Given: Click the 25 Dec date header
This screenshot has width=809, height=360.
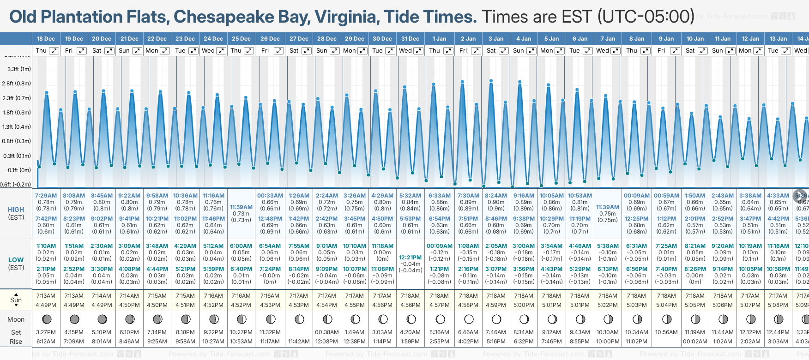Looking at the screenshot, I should tap(241, 39).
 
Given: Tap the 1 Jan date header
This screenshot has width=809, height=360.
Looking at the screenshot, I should tap(439, 39).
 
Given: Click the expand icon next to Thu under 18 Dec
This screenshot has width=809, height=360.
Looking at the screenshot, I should tap(54, 51).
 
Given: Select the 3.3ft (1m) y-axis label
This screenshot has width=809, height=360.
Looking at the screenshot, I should tap(19, 69).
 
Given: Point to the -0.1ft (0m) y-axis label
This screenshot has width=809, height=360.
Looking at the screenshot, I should tap(18, 170).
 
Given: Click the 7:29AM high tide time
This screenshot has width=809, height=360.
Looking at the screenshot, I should tap(46, 196).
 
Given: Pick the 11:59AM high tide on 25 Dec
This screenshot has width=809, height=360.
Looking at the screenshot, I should tap(241, 207).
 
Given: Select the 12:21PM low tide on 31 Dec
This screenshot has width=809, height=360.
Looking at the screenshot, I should tap(410, 258).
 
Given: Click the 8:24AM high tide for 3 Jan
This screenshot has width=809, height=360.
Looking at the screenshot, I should tap(496, 196).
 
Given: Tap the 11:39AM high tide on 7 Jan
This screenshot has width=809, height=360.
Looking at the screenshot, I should tap(607, 207).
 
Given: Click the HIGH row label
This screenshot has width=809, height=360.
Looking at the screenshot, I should tap(16, 210).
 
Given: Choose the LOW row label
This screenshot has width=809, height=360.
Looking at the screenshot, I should tap(16, 260).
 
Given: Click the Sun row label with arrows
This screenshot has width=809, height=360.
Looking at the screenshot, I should tap(16, 300).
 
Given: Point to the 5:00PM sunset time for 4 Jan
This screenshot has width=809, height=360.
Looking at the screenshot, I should tap(524, 305).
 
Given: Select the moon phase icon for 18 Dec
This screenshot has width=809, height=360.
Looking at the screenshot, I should tap(46, 319).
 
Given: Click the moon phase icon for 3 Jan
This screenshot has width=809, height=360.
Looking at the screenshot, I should tap(496, 319).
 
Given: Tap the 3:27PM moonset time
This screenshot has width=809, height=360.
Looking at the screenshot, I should tap(46, 332).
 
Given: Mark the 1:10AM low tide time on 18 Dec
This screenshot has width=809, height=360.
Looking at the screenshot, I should tap(46, 246).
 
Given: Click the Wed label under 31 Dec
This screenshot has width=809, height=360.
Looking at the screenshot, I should tap(405, 51).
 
